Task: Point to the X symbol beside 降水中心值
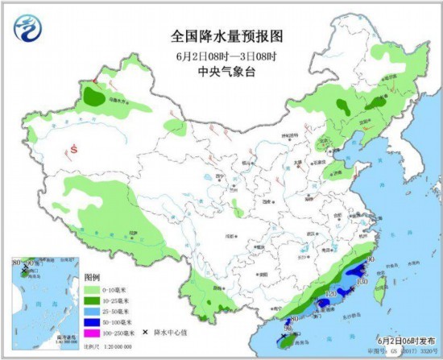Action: point(145,331)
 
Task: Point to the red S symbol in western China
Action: point(73,148)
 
